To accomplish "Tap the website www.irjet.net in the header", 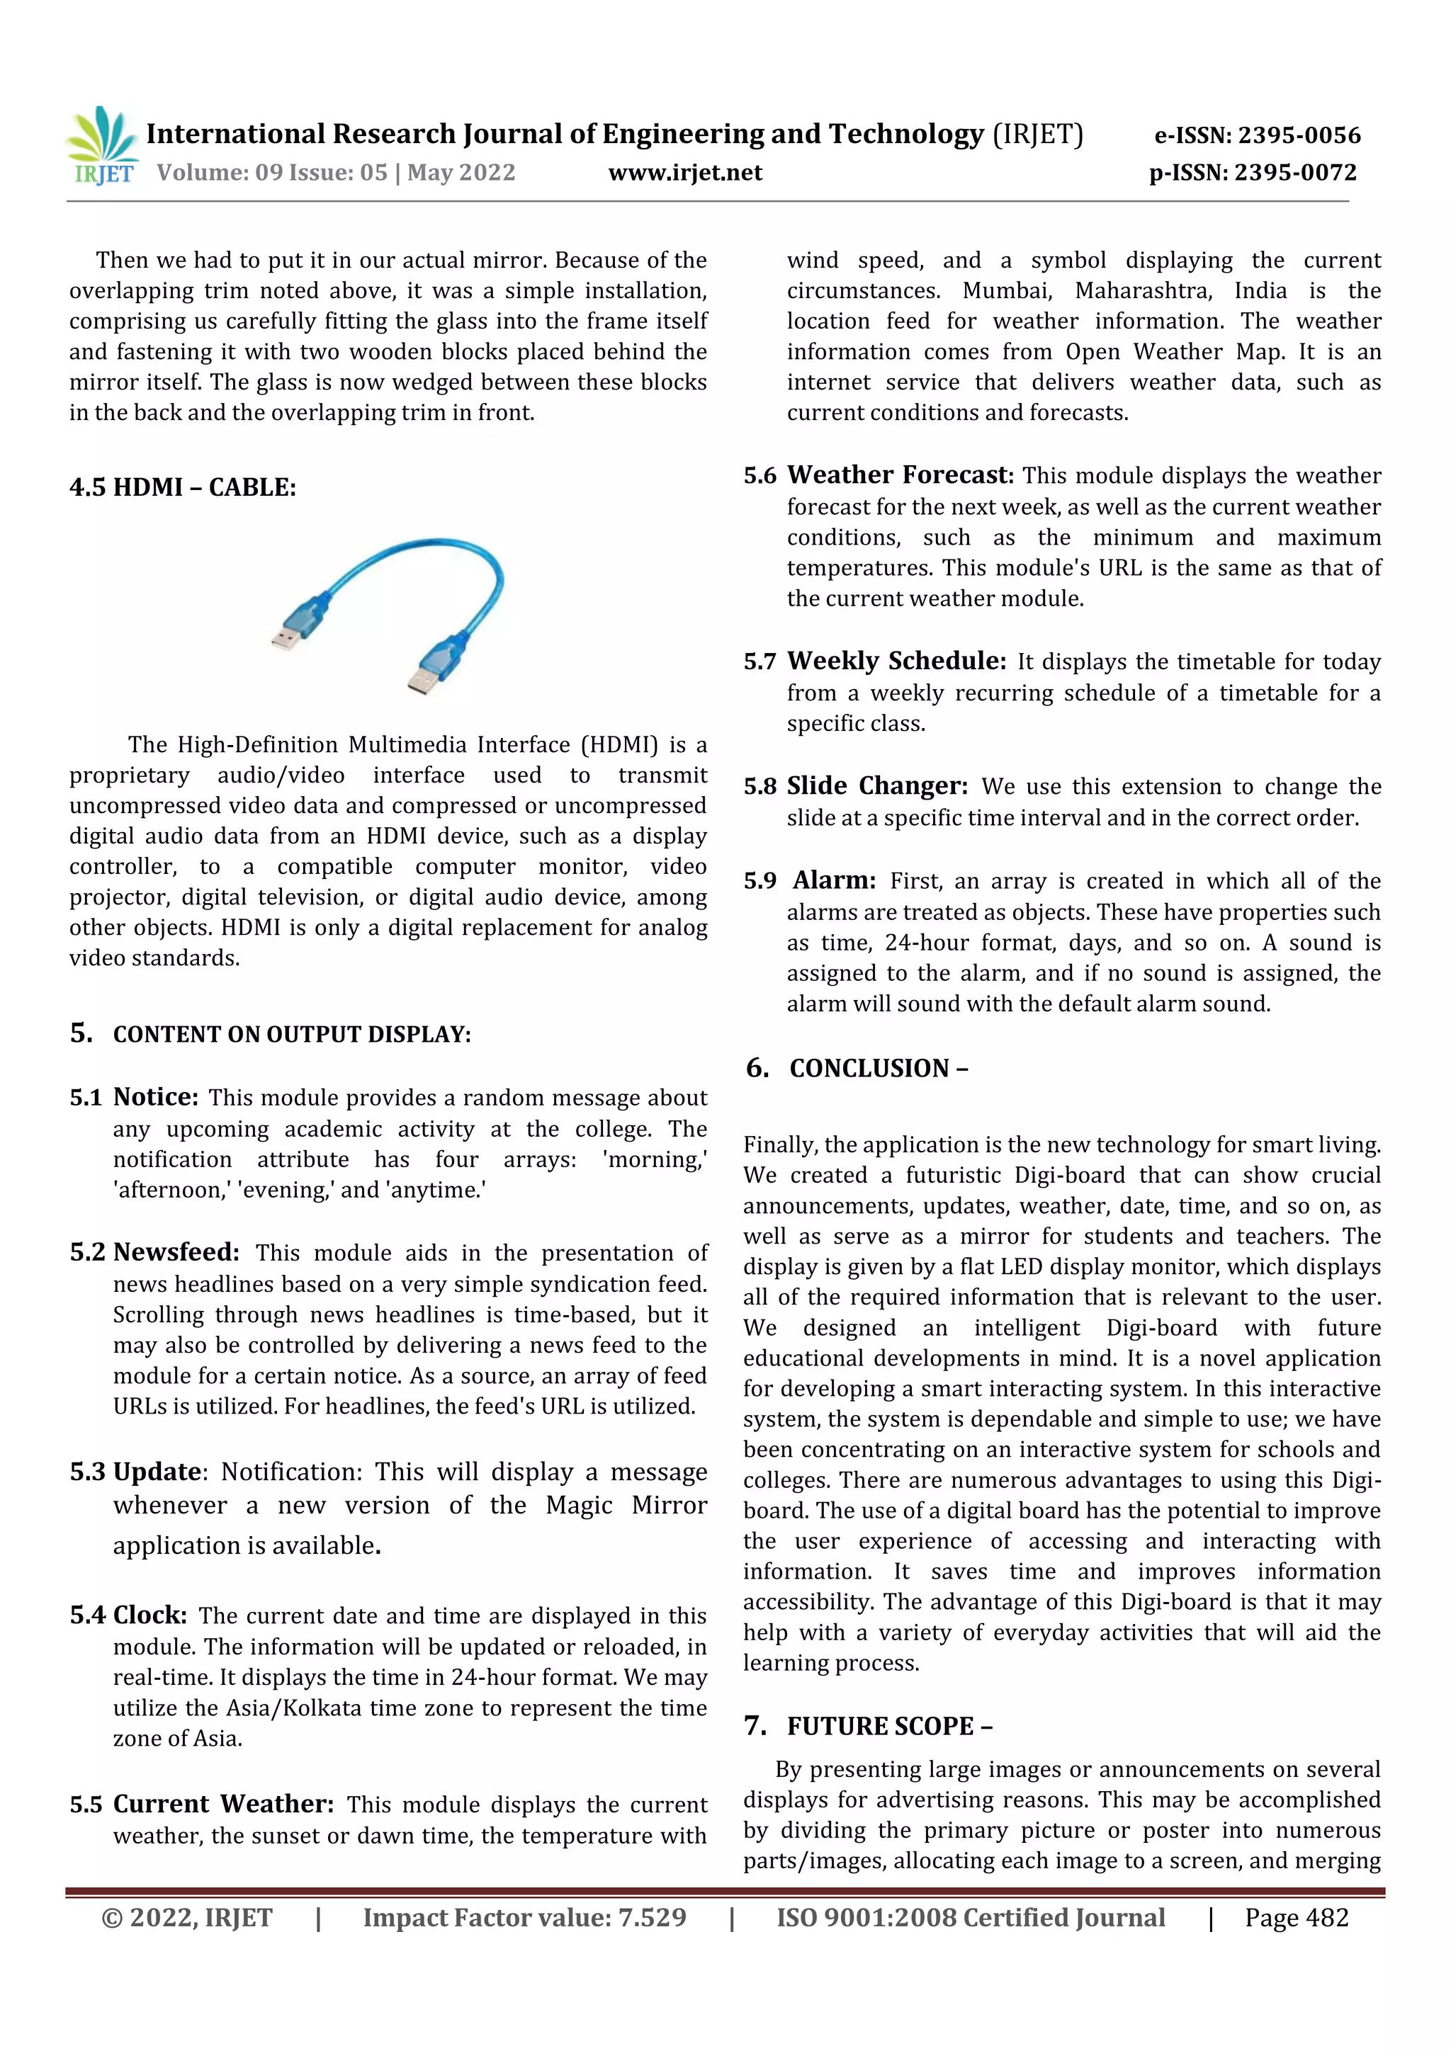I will tap(685, 172).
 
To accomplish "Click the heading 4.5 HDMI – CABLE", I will tap(182, 488).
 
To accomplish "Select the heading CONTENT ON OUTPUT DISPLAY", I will tap(291, 1035).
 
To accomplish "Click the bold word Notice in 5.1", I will tap(155, 1097).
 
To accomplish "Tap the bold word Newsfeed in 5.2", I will tap(176, 1252).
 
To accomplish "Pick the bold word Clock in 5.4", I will tap(150, 1615).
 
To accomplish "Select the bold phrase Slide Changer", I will tap(876, 786).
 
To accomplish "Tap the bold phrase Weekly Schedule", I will tap(896, 661).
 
